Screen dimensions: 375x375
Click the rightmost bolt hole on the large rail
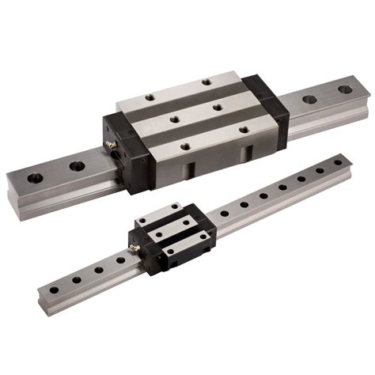pyautogui.click(x=345, y=89)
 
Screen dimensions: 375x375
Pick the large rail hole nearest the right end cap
pyautogui.click(x=309, y=100)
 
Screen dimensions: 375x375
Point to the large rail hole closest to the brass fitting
pyautogui.click(x=76, y=166)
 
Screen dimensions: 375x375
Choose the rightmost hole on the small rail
pyautogui.click(x=338, y=162)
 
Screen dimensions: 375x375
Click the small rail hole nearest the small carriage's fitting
pyautogui.click(x=120, y=258)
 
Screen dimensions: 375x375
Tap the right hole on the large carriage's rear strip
pyautogui.click(x=206, y=81)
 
